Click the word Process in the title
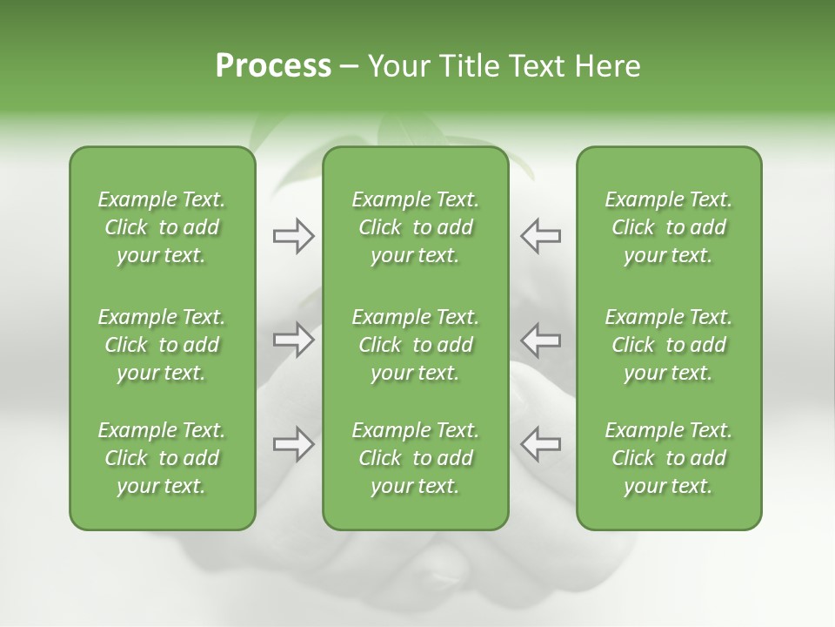(273, 66)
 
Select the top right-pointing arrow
(293, 235)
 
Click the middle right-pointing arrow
(293, 340)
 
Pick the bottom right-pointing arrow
(293, 444)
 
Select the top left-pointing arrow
(541, 235)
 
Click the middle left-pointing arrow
(541, 340)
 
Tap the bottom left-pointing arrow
(541, 444)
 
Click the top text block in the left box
(162, 227)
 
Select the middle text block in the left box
(162, 345)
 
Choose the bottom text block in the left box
(162, 458)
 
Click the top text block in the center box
(415, 227)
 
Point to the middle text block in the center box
(415, 345)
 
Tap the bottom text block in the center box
(415, 458)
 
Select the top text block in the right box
(668, 227)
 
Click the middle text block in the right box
(668, 345)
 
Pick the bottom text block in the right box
(668, 458)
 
